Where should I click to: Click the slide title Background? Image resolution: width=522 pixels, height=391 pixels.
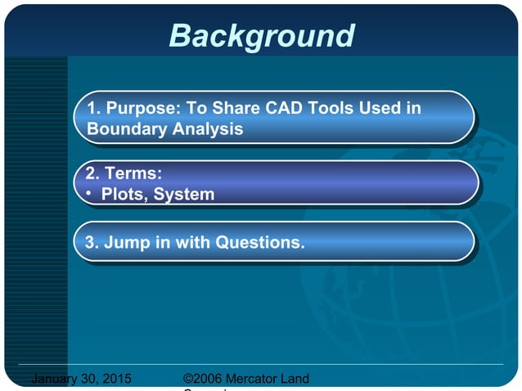[262, 35]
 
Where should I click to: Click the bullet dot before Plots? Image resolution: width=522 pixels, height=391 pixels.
[89, 194]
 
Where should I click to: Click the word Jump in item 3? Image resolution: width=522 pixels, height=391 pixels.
[125, 242]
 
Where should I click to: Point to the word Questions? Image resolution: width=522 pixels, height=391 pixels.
[259, 242]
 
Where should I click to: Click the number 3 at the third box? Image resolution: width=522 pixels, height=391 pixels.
[90, 242]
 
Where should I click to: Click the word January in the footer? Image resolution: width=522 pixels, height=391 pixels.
[56, 379]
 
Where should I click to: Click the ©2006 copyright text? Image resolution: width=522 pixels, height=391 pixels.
[205, 379]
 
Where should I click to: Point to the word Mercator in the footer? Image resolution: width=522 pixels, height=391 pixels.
[255, 379]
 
